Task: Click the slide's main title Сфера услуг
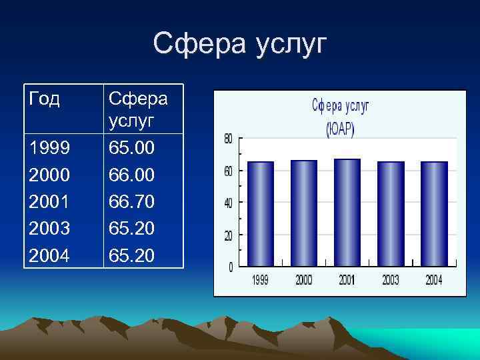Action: pos(240,44)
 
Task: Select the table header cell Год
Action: pos(44,99)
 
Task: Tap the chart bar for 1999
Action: pos(260,213)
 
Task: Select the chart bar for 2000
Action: pos(304,213)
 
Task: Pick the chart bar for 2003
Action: pos(391,213)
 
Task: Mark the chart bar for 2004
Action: pos(434,213)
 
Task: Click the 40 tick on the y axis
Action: pos(227,203)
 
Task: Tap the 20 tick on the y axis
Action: pos(227,235)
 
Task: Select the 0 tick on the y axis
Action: pos(230,267)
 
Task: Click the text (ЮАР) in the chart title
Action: pos(340,129)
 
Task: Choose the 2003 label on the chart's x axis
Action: pos(391,281)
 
